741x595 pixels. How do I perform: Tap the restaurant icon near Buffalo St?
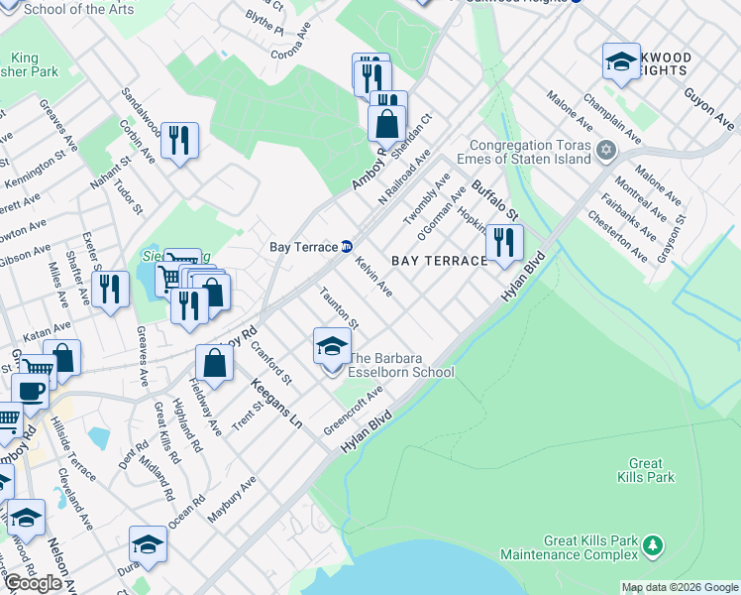[x=504, y=242]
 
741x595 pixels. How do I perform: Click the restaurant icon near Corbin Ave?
[x=179, y=140]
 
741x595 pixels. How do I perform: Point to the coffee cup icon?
[x=30, y=391]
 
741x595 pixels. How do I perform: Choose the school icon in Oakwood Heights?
[x=621, y=60]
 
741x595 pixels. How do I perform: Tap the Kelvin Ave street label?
[x=373, y=276]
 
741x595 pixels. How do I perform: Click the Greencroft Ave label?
[x=353, y=412]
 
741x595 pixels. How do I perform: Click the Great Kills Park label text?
[x=652, y=470]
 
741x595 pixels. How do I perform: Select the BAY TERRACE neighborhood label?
[x=440, y=261]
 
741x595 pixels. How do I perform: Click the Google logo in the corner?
[x=33, y=583]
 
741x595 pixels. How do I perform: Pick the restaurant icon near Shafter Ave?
[x=110, y=289]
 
